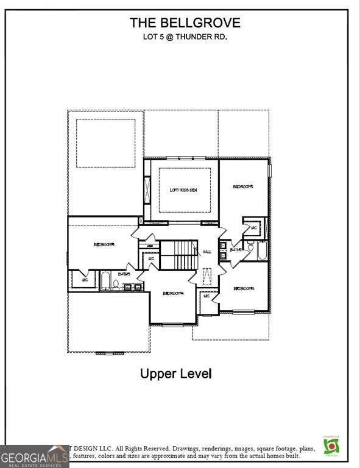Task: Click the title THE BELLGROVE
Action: coord(185,23)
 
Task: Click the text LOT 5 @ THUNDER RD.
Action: coord(185,37)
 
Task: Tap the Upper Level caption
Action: coord(176,373)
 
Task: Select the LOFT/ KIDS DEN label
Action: coord(183,190)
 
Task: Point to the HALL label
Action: coord(206,250)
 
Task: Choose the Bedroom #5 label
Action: coord(104,245)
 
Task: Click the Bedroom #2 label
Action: coord(242,187)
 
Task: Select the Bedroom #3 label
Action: coord(243,288)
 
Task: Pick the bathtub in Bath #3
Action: coord(105,281)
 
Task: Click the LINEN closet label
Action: coord(149,246)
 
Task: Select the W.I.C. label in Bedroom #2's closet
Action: coord(253,228)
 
